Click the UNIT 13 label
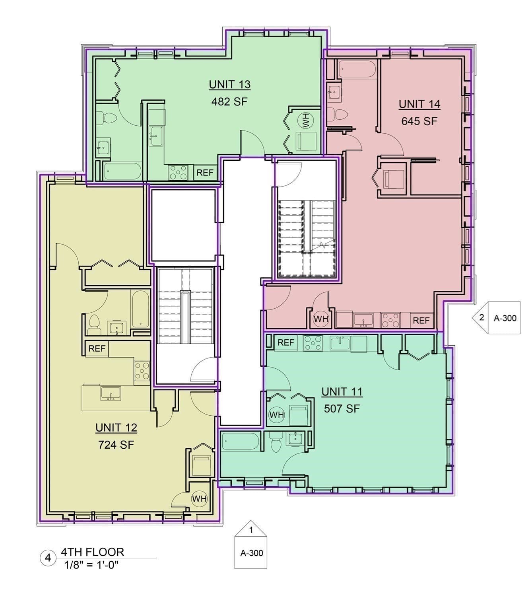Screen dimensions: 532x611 (x=229, y=84)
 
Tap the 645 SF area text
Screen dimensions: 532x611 (x=419, y=121)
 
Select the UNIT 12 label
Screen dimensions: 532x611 (x=116, y=428)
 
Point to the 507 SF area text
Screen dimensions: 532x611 (x=342, y=409)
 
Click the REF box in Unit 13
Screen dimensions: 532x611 (x=205, y=173)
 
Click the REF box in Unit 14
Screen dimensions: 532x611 (x=421, y=321)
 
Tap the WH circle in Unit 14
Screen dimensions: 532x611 (x=321, y=319)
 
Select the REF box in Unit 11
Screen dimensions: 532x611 (x=286, y=342)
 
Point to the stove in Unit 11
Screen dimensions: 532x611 (x=313, y=342)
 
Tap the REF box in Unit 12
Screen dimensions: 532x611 (x=97, y=348)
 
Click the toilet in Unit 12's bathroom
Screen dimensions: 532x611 (x=94, y=324)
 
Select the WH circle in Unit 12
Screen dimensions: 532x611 (x=199, y=499)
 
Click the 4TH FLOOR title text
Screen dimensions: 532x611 (x=93, y=552)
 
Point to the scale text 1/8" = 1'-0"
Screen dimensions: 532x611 (x=91, y=565)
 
